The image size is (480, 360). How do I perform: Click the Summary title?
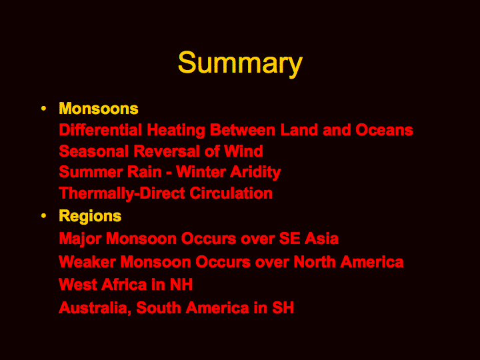pyautogui.click(x=240, y=63)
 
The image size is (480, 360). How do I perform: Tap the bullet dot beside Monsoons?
pyautogui.click(x=43, y=109)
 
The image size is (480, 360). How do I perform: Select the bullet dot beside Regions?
pyautogui.click(x=43, y=216)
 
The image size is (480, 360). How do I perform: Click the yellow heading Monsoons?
pyautogui.click(x=99, y=109)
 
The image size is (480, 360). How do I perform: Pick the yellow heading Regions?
pyautogui.click(x=90, y=217)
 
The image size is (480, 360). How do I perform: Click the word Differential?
pyautogui.click(x=101, y=130)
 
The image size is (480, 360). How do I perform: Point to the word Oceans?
pyautogui.click(x=384, y=130)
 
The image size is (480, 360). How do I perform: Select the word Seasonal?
pyautogui.click(x=94, y=151)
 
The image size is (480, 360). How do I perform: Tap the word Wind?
pyautogui.click(x=243, y=151)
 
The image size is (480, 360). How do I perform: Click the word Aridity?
pyautogui.click(x=255, y=173)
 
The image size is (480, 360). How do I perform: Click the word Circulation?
pyautogui.click(x=231, y=193)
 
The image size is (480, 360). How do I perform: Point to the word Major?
pyautogui.click(x=80, y=239)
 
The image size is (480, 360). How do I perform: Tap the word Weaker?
pyautogui.click(x=87, y=262)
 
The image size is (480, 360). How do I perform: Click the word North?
pyautogui.click(x=315, y=262)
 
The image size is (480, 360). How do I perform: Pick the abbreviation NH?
pyautogui.click(x=181, y=285)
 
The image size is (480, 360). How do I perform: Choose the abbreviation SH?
pyautogui.click(x=283, y=308)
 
